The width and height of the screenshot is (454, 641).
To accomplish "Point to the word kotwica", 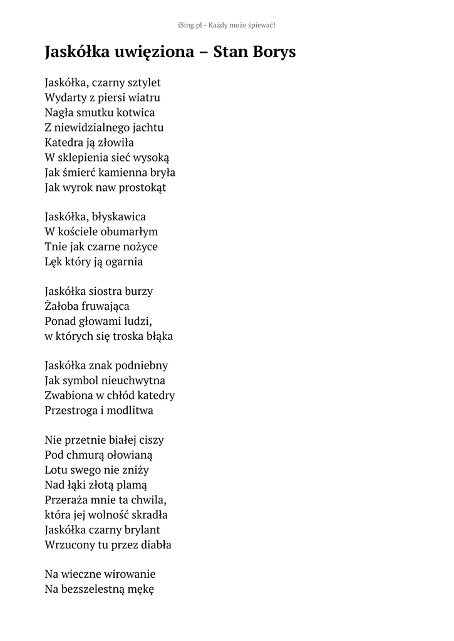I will pyautogui.click(x=134, y=113).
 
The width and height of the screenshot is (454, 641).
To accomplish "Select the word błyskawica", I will pyautogui.click(x=119, y=217).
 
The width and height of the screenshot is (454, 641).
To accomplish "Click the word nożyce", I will pyautogui.click(x=142, y=247).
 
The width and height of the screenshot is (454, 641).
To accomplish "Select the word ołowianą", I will pyautogui.click(x=130, y=455).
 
